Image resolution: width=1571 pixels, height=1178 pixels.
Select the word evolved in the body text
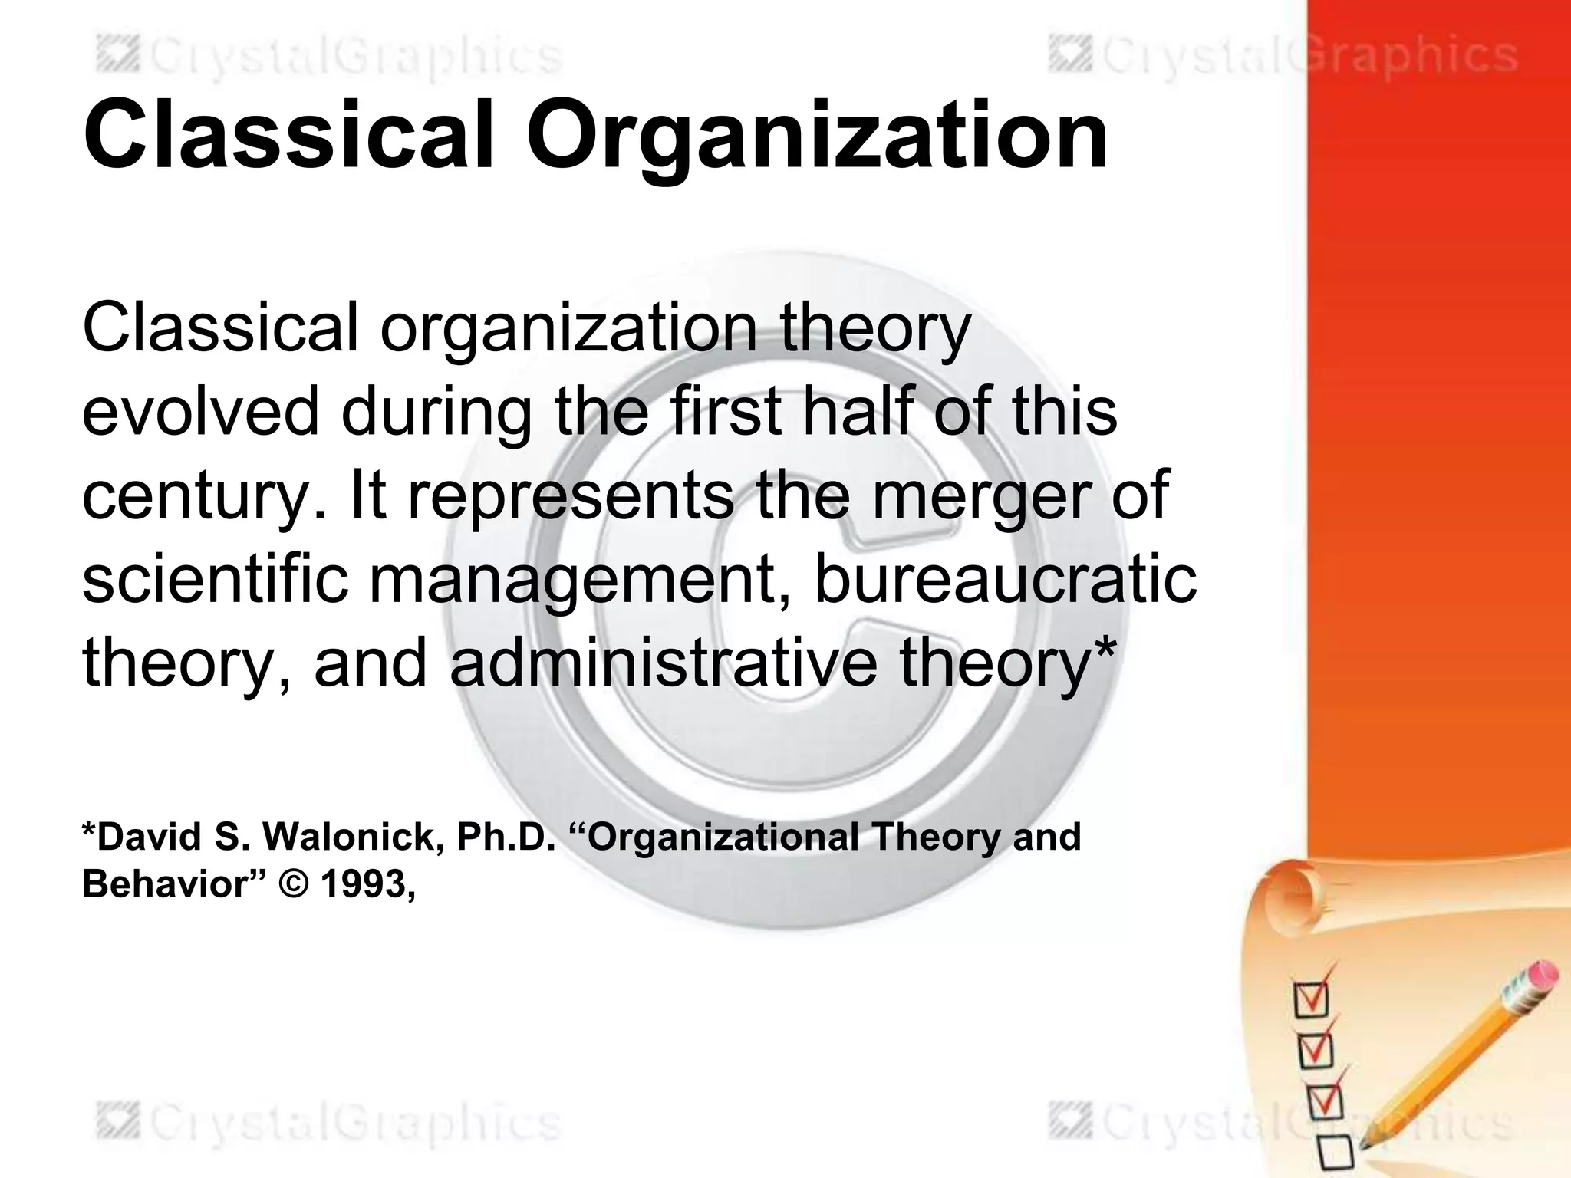(199, 412)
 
